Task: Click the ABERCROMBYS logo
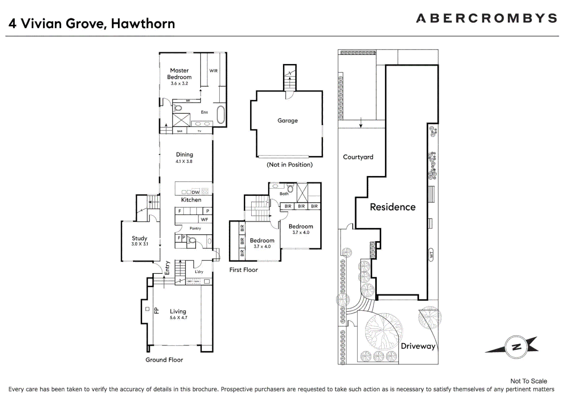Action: pyautogui.click(x=486, y=18)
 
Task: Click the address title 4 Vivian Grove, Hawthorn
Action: pyautogui.click(x=92, y=24)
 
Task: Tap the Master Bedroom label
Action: pyautogui.click(x=179, y=74)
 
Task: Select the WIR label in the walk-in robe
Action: pyautogui.click(x=213, y=71)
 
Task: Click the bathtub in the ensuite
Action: pyautogui.click(x=221, y=115)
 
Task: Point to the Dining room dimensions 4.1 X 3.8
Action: pyautogui.click(x=184, y=161)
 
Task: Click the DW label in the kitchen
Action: pyautogui.click(x=196, y=192)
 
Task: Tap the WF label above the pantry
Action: pyautogui.click(x=204, y=219)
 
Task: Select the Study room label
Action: pyautogui.click(x=139, y=238)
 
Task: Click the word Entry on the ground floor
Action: pyautogui.click(x=167, y=268)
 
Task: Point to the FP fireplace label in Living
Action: pyautogui.click(x=156, y=311)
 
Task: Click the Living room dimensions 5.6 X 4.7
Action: pyautogui.click(x=178, y=318)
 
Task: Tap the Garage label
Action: pyautogui.click(x=287, y=121)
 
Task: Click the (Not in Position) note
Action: pyautogui.click(x=290, y=165)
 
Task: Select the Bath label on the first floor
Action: pyautogui.click(x=284, y=193)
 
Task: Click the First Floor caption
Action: pyautogui.click(x=244, y=270)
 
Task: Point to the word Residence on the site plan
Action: pyautogui.click(x=392, y=207)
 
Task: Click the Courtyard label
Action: pyautogui.click(x=358, y=157)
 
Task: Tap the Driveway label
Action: pyautogui.click(x=418, y=346)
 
